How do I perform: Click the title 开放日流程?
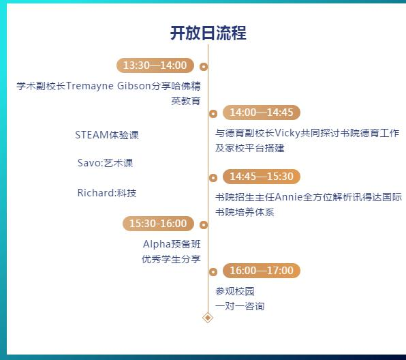(208, 33)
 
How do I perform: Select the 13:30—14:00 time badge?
(155, 65)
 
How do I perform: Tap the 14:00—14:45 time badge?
(262, 112)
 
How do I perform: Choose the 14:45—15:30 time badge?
(262, 177)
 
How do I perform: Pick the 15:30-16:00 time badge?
(158, 224)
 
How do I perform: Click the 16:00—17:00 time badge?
(262, 271)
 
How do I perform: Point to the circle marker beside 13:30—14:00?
(204, 67)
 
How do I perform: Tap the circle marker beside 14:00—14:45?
(213, 113)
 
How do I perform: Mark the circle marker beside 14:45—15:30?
(213, 177)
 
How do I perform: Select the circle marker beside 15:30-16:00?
(204, 225)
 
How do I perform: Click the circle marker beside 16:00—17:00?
(213, 271)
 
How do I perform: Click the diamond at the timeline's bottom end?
(208, 318)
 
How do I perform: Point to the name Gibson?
(134, 86)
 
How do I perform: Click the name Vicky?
(287, 134)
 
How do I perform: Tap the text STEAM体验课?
(107, 135)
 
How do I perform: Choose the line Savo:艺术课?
(105, 163)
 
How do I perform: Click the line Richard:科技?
(107, 193)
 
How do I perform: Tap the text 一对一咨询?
(240, 306)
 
